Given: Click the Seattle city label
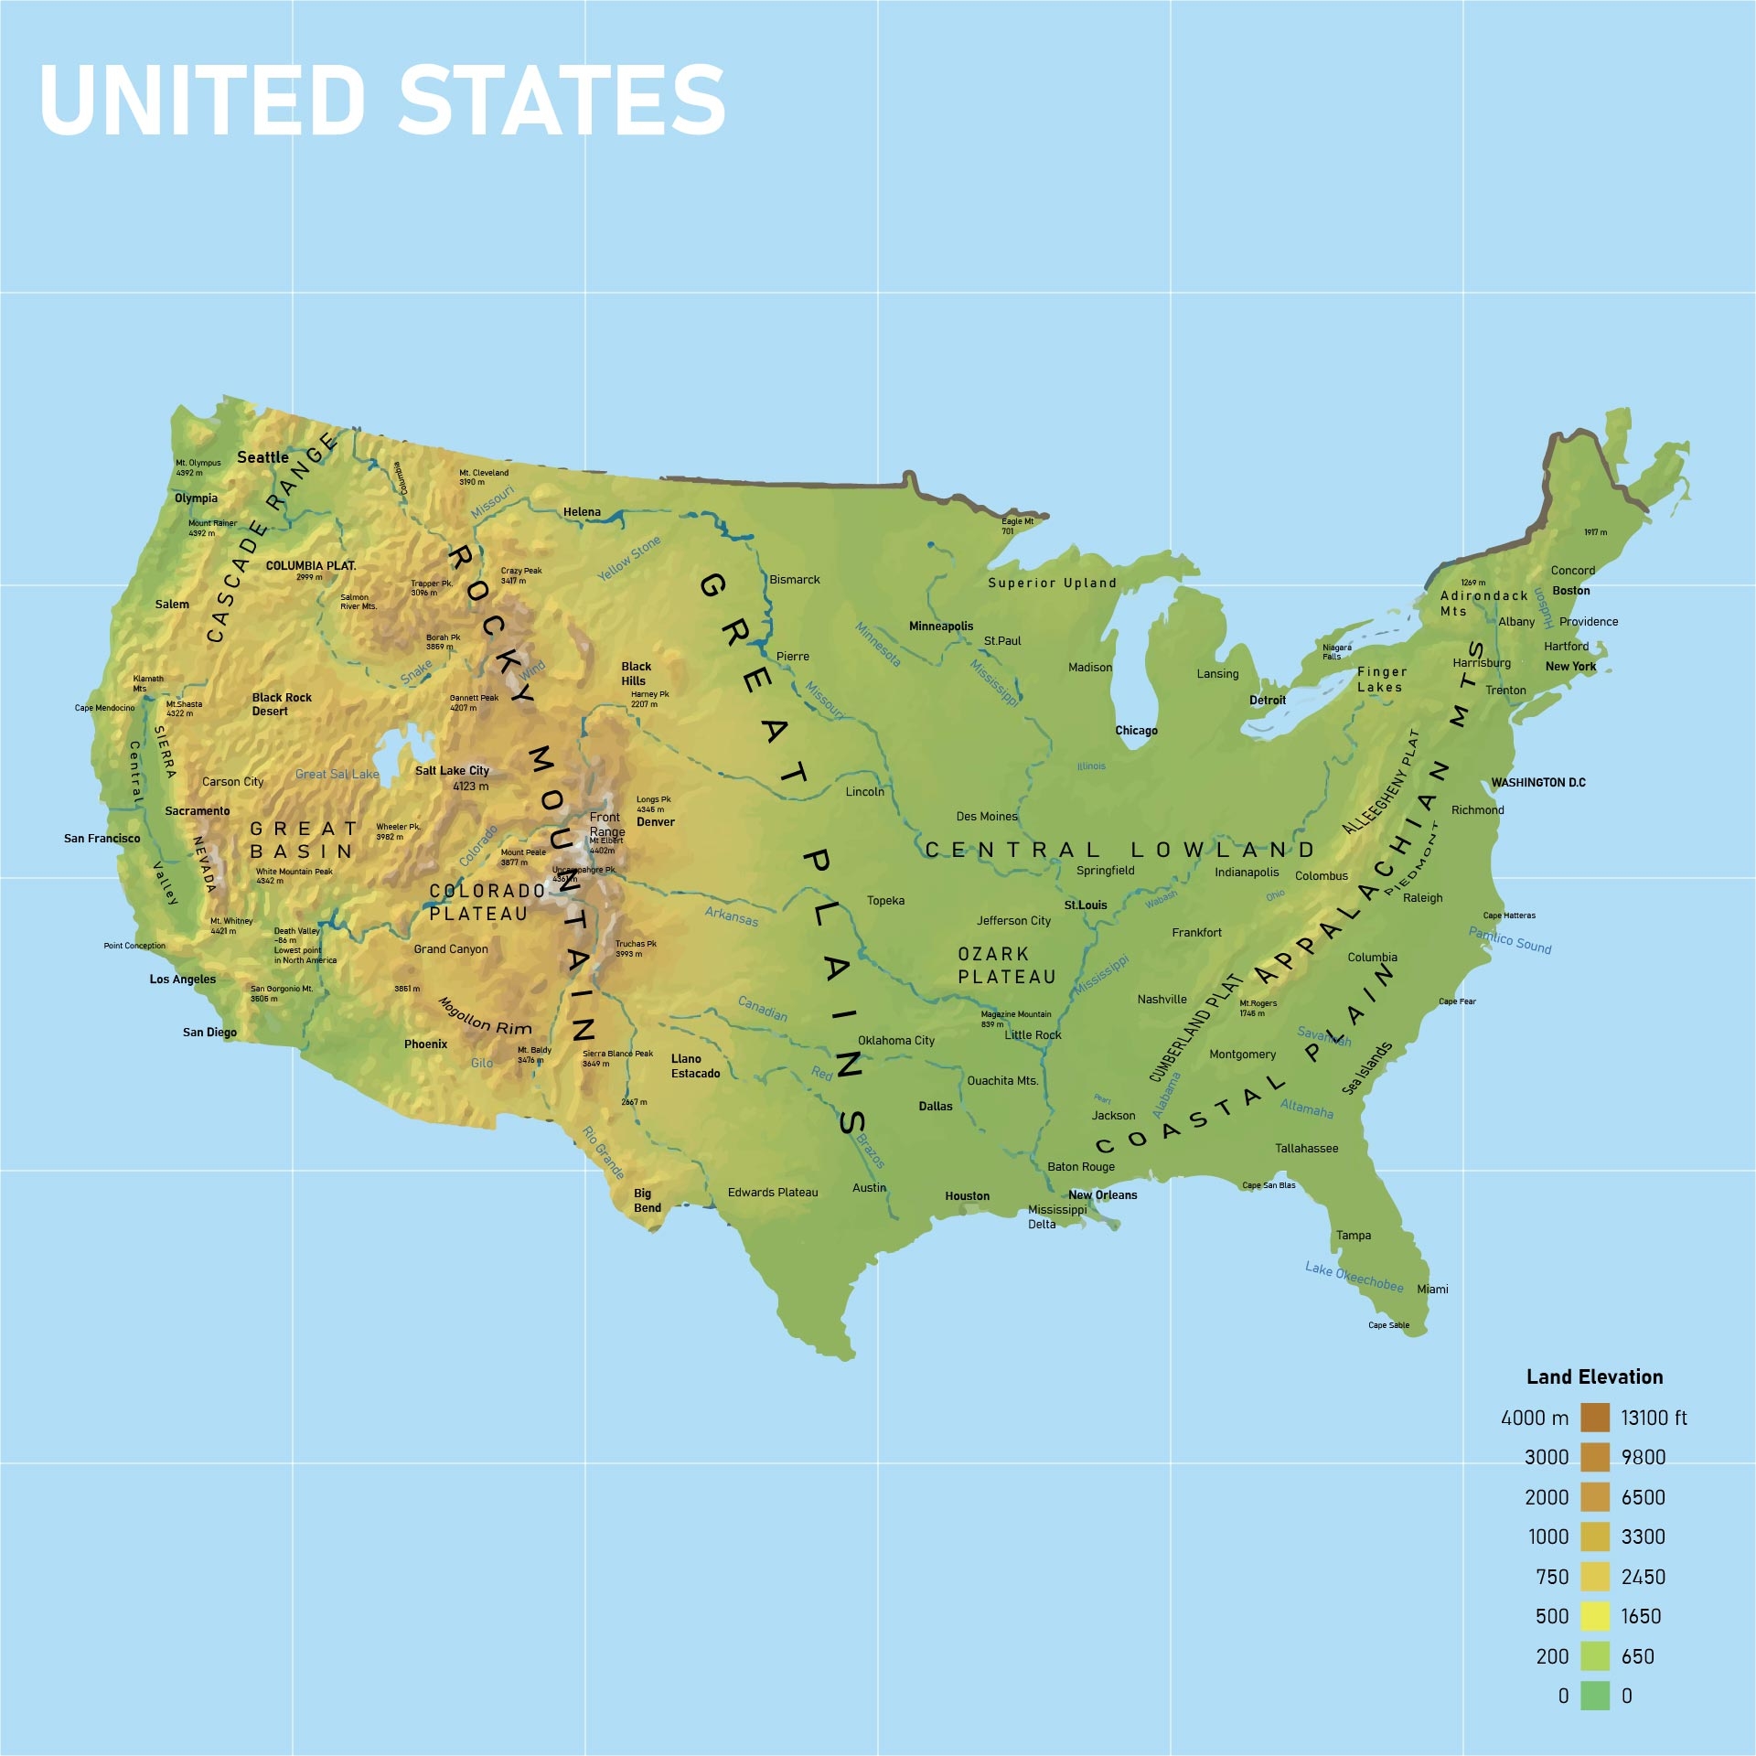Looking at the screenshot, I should point(262,457).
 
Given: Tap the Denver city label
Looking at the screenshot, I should point(656,821).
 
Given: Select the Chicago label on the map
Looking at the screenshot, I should point(1136,730).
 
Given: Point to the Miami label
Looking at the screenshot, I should point(1432,1289).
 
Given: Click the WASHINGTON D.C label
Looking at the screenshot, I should point(1538,782).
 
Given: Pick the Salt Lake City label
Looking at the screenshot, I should point(452,770).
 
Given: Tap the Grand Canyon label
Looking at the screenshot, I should point(451,948).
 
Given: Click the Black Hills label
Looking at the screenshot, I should point(636,673).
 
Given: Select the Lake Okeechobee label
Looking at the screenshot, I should point(1354,1277).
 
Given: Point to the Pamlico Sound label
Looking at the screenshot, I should point(1510,940).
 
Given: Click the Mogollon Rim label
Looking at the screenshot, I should point(485,1016).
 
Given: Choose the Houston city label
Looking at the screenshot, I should point(967,1195).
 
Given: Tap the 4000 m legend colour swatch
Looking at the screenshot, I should point(1594,1418).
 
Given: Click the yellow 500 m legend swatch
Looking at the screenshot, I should point(1594,1616).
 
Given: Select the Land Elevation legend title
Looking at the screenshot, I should point(1594,1376).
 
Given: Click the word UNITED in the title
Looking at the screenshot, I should point(202,101).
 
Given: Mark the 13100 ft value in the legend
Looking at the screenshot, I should point(1654,1418).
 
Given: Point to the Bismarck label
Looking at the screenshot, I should point(794,579).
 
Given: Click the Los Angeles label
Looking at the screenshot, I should point(183,979).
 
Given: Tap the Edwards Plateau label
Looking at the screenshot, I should point(773,1192).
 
